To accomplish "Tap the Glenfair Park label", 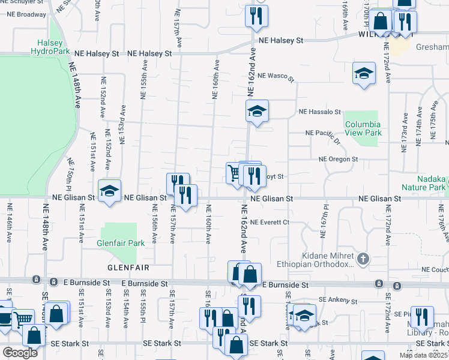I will point(121,244).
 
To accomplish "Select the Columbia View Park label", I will point(363,128).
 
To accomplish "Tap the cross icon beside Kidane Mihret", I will point(363,259).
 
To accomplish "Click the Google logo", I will point(19,352).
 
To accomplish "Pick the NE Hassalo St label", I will point(319,112).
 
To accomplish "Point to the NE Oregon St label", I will point(339,159).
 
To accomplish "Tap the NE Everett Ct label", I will point(270,222).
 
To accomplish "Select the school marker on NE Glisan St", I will point(110,191).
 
